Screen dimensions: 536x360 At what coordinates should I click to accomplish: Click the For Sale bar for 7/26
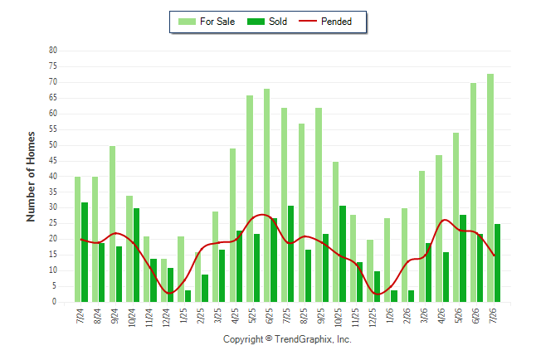(x=490, y=188)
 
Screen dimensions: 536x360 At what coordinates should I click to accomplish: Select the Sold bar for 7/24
(x=85, y=252)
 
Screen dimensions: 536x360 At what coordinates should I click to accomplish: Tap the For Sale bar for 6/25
(x=266, y=196)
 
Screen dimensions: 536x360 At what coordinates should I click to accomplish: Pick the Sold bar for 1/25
(x=188, y=296)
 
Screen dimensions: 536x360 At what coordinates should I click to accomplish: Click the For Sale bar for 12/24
(x=163, y=280)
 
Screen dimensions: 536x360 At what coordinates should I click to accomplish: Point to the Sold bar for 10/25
(x=343, y=254)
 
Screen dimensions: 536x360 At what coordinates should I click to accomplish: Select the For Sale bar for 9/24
(x=112, y=224)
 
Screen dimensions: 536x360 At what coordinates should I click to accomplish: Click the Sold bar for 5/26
(x=463, y=259)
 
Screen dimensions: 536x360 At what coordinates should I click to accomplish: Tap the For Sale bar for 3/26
(x=421, y=236)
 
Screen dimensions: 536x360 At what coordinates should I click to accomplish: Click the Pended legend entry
(x=325, y=22)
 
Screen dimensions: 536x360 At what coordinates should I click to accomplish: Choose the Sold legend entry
(x=267, y=22)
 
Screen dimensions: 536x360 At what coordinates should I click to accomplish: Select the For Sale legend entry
(x=207, y=22)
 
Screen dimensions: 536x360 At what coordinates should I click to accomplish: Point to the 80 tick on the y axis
(x=53, y=51)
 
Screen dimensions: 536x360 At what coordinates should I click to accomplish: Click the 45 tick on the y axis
(x=53, y=160)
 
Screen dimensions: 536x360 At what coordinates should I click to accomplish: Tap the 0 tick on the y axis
(x=54, y=302)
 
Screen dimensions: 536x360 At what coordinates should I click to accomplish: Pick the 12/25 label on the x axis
(x=373, y=317)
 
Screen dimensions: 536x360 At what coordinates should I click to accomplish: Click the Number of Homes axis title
(x=31, y=177)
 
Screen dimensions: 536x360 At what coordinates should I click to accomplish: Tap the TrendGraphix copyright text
(x=287, y=339)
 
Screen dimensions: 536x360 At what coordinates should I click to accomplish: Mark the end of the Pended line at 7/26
(x=494, y=255)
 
